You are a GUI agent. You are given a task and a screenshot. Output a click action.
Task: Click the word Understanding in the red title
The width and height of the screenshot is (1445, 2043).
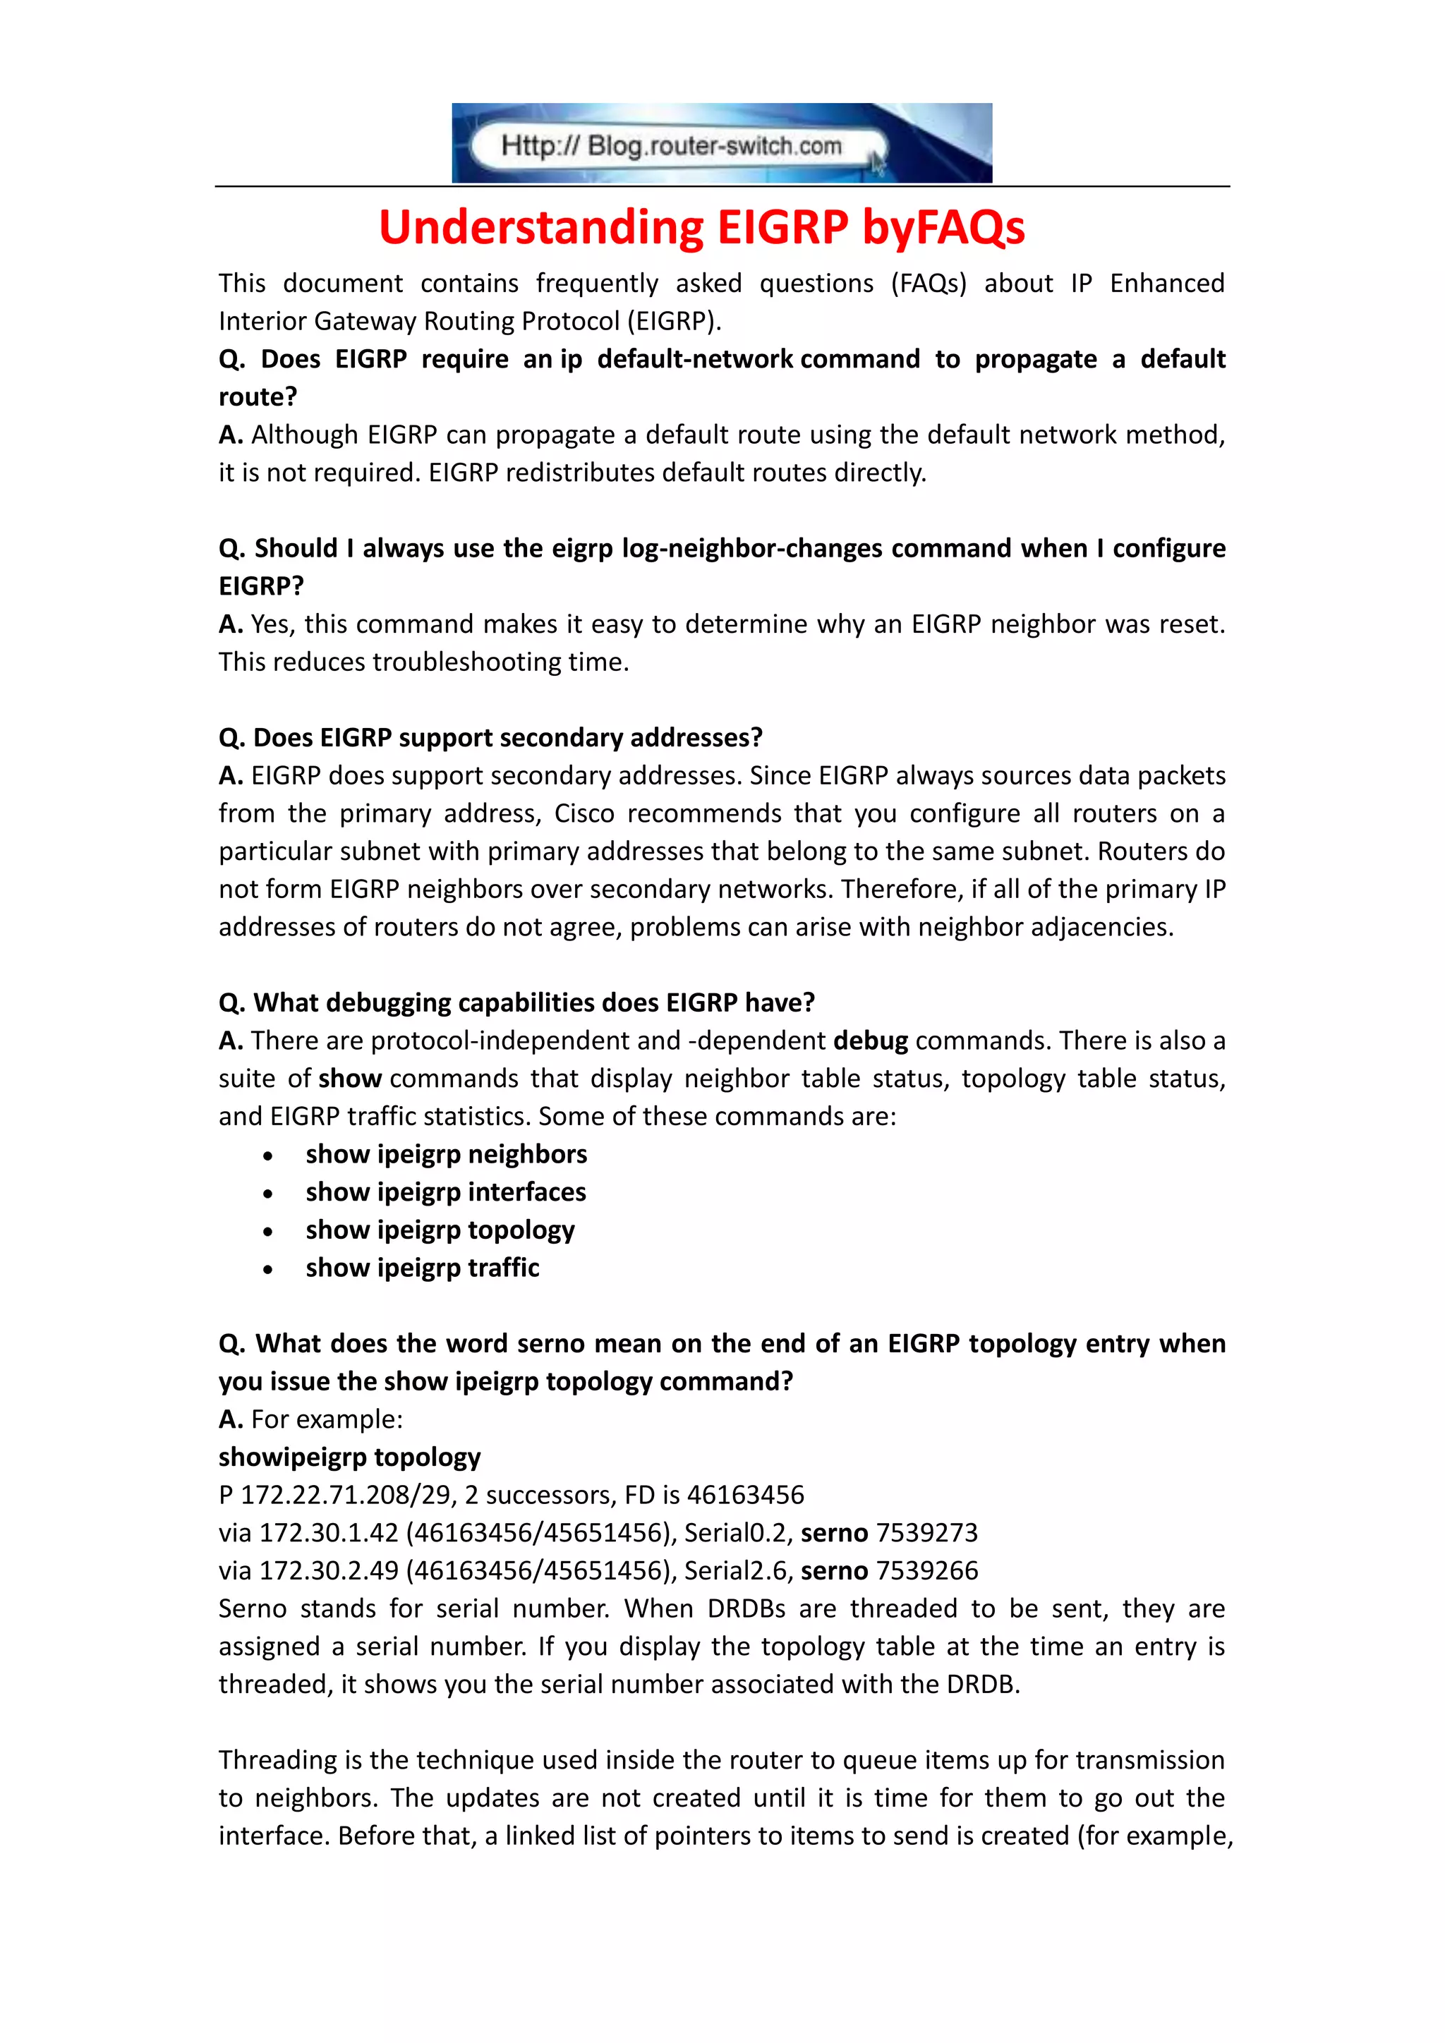(x=541, y=227)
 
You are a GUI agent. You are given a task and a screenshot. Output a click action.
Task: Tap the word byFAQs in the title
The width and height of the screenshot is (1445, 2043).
(x=943, y=227)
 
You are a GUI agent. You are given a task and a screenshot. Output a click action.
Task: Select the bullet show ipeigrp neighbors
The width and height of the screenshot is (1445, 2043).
(x=446, y=1154)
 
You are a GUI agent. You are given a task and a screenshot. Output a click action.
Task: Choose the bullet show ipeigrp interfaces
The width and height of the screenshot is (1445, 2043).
(x=446, y=1192)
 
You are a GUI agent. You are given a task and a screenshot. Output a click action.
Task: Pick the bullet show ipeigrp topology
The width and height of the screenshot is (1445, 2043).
(x=440, y=1230)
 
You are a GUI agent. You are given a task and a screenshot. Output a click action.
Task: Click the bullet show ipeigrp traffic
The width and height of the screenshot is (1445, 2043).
(x=423, y=1267)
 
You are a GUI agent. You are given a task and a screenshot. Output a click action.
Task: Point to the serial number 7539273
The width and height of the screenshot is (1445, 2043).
(x=926, y=1532)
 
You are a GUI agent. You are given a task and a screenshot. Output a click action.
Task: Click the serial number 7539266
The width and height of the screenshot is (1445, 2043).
(x=926, y=1570)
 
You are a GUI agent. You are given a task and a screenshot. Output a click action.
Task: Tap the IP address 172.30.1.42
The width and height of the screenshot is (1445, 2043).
(x=328, y=1532)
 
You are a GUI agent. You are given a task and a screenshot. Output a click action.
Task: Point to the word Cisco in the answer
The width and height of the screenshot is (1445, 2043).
(x=584, y=813)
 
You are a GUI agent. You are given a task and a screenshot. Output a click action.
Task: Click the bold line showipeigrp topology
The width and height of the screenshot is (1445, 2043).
(x=350, y=1457)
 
